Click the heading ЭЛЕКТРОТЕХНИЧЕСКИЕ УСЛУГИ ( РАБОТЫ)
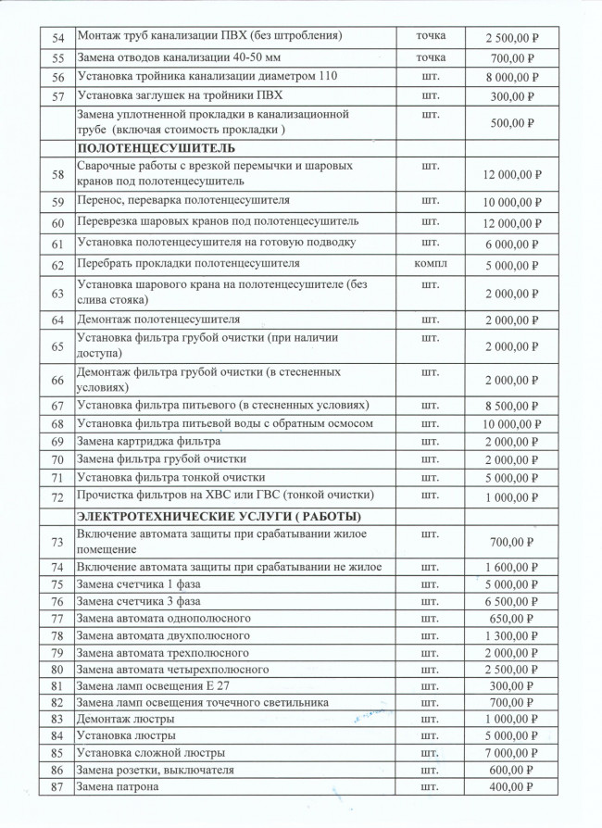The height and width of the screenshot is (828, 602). click(x=219, y=516)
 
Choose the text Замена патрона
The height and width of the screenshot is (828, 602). click(x=118, y=787)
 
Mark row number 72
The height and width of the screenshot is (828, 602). click(x=57, y=496)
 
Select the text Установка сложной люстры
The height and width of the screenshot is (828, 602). click(x=150, y=752)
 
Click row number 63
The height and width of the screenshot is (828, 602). click(x=57, y=294)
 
